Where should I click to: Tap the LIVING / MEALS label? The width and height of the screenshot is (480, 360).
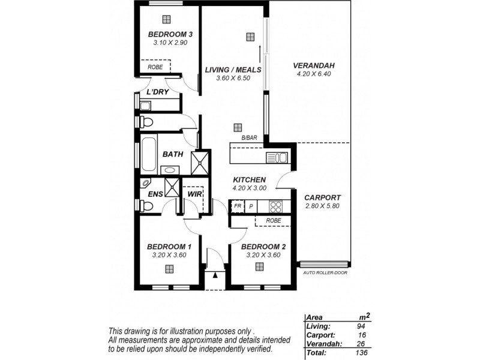coord(233,70)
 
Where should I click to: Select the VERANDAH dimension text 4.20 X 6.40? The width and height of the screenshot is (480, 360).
coord(314,74)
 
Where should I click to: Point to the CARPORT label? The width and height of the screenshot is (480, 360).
coord(322,197)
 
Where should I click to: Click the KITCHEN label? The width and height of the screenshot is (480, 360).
coord(249,179)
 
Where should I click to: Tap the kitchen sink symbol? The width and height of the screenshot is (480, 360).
coord(277,158)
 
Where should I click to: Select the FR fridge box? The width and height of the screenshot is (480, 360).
coord(238,206)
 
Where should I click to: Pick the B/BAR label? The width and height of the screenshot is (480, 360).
coord(249,139)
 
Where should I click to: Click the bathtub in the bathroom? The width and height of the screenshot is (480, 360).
coord(148,154)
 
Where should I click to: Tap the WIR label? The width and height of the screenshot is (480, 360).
coord(193,194)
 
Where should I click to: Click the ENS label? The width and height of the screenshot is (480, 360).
coord(154,194)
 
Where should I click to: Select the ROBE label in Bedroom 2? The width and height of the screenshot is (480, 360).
coord(273,221)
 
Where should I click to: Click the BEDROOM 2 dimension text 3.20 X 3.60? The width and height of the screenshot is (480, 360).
coord(263,255)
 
